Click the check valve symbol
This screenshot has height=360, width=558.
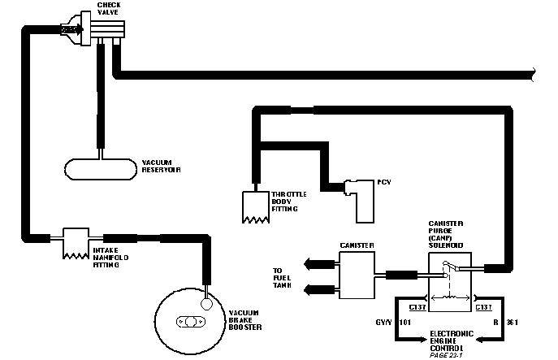(x=104, y=30)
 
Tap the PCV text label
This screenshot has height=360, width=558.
(x=385, y=183)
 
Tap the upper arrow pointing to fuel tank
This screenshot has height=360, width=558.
(x=317, y=262)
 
